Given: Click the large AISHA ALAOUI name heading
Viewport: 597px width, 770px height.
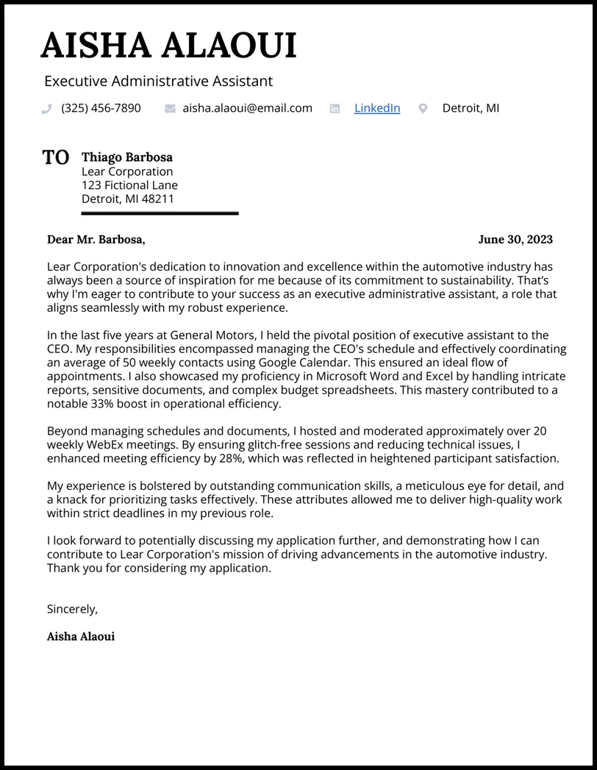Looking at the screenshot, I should pyautogui.click(x=168, y=46).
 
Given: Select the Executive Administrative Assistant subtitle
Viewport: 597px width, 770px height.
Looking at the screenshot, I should pyautogui.click(x=158, y=81).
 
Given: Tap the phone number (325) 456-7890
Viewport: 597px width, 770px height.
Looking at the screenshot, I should pyautogui.click(x=101, y=108).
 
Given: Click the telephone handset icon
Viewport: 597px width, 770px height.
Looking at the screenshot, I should pyautogui.click(x=47, y=109).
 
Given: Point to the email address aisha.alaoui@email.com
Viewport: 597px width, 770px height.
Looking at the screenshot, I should pyautogui.click(x=247, y=108).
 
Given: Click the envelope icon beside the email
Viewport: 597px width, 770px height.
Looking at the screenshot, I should pyautogui.click(x=170, y=109).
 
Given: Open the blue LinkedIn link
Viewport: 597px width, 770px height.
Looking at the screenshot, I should pyautogui.click(x=377, y=108).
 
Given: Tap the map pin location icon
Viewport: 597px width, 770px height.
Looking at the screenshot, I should pyautogui.click(x=423, y=109).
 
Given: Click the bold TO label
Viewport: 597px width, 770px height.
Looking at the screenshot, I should pyautogui.click(x=56, y=157).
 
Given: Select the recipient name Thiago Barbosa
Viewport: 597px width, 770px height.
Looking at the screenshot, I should pyautogui.click(x=127, y=157).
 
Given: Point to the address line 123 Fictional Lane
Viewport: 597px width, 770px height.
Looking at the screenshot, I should pyautogui.click(x=129, y=185).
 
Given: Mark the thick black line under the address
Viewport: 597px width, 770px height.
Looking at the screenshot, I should pyautogui.click(x=160, y=213).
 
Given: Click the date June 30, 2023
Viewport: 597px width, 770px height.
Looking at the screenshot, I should pyautogui.click(x=515, y=239).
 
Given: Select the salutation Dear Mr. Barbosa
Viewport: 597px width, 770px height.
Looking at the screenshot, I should pyautogui.click(x=96, y=239).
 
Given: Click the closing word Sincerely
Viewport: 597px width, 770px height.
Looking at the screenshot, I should pyautogui.click(x=72, y=609).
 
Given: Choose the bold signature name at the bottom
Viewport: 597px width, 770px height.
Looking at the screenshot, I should pyautogui.click(x=81, y=636).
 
